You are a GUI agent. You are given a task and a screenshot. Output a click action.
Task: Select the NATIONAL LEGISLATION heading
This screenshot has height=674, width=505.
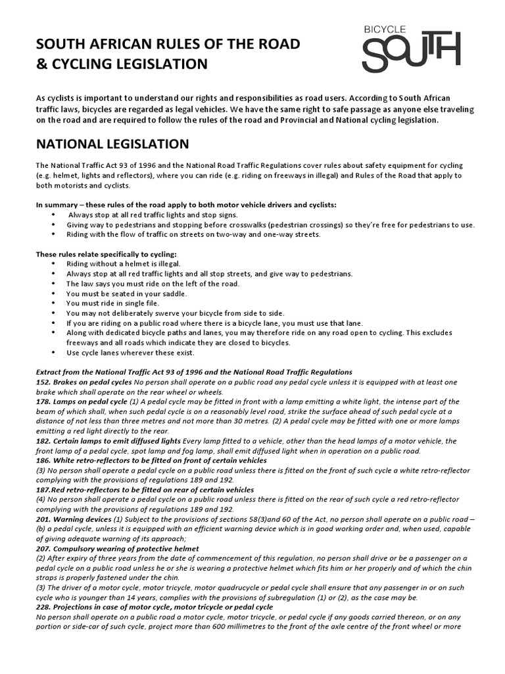(112, 144)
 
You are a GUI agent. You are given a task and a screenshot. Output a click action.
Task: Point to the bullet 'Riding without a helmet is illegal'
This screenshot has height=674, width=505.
(123, 263)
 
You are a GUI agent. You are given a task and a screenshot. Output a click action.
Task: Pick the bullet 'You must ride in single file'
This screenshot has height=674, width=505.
(112, 303)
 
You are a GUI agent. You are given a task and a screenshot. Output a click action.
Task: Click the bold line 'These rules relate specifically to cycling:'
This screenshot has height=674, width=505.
(106, 253)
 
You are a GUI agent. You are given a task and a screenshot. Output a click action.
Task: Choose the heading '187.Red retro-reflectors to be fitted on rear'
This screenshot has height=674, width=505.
(144, 490)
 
